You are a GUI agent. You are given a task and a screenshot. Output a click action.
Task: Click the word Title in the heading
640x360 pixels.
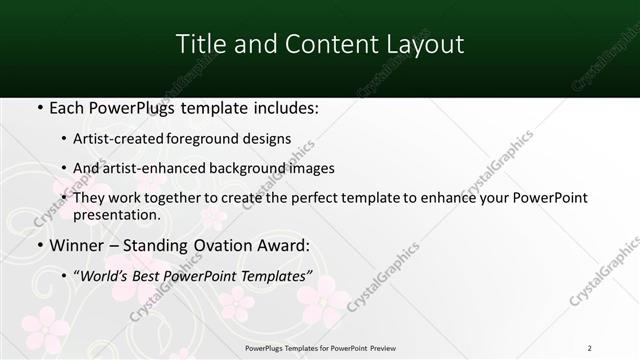198,44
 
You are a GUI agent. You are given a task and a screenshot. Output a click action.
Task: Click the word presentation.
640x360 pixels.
117,214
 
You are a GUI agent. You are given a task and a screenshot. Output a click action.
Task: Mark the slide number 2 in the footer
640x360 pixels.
589,347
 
